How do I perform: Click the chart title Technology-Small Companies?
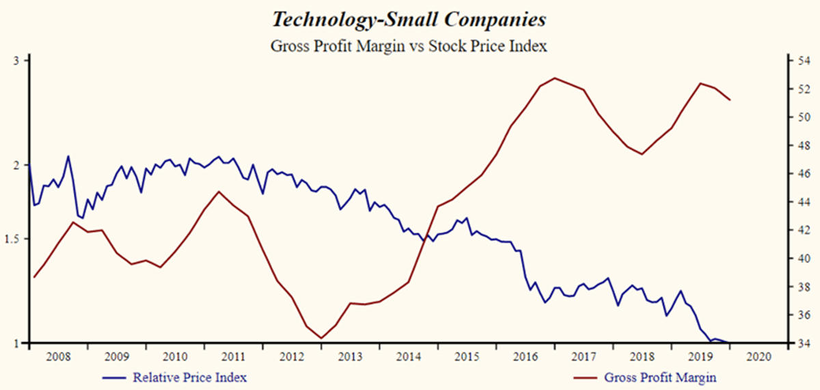coord(409,20)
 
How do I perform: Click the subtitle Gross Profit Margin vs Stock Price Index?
coord(409,47)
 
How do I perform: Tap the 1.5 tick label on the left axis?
coord(14,239)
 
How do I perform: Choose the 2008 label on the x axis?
coord(58,356)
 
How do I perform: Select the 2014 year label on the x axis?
coord(409,356)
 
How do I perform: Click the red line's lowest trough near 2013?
coord(321,338)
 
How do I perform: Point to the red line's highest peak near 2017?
coord(555,78)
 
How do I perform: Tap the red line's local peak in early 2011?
coord(218,191)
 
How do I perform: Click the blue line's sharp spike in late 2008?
coord(68,156)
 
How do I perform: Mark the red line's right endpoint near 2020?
coord(730,101)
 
